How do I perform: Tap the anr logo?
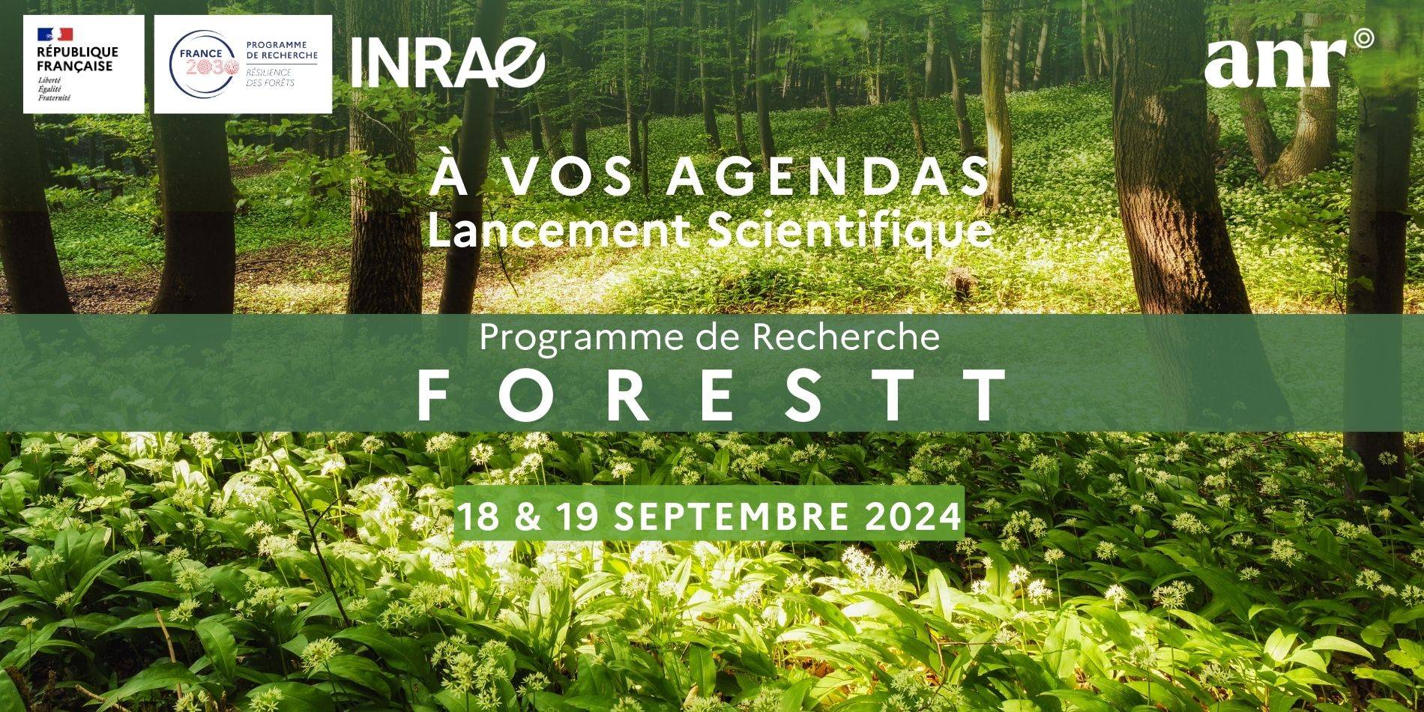[1289, 58]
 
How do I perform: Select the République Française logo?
[83, 64]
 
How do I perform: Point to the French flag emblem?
[55, 34]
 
